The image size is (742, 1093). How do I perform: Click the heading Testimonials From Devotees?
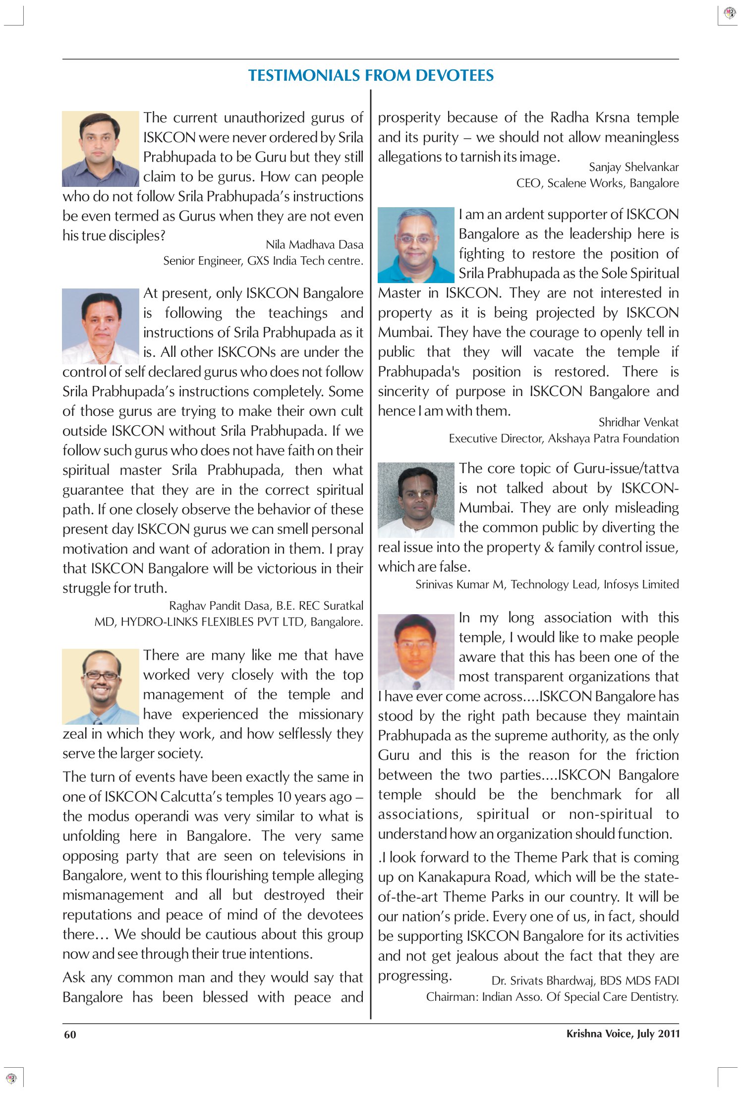click(x=371, y=75)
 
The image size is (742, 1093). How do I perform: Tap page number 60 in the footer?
click(x=70, y=1034)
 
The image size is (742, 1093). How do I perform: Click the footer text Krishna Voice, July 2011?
click(x=623, y=1034)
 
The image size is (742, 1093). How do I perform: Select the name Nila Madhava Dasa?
click(x=314, y=244)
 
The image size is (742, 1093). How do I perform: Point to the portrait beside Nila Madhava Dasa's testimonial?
click(x=100, y=149)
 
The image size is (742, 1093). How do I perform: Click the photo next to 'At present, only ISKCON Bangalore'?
click(x=100, y=326)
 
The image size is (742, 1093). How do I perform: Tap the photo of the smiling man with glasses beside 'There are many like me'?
click(x=100, y=687)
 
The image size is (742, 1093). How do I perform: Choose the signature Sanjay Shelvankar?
click(x=633, y=167)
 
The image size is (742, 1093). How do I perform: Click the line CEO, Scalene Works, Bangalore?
click(x=597, y=183)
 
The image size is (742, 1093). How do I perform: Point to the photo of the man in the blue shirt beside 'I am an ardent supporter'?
click(x=416, y=245)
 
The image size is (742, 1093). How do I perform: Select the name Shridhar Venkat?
click(x=638, y=422)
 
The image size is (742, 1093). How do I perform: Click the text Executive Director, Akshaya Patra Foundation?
click(x=564, y=438)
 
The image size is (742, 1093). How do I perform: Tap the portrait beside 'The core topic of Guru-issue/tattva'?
click(x=416, y=500)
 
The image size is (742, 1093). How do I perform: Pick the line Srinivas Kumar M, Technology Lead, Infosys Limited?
click(x=547, y=584)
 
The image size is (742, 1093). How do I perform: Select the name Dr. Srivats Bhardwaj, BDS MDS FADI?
click(x=585, y=980)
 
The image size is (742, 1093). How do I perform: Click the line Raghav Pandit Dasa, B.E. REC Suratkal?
click(x=266, y=605)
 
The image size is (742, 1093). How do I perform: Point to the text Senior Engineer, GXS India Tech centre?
click(x=263, y=261)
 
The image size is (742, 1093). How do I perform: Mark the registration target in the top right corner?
click(x=730, y=12)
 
